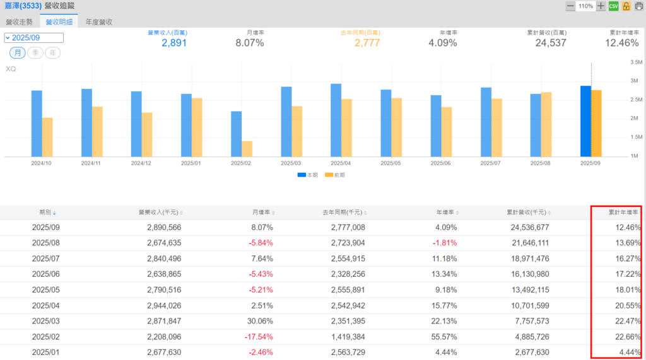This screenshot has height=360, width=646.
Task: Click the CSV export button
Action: tap(613, 6)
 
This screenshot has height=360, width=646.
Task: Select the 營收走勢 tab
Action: tap(20, 21)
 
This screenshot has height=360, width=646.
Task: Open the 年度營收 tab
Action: tap(99, 21)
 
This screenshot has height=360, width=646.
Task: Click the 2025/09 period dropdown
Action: tap(33, 38)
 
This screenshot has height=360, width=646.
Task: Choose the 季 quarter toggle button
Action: tap(35, 53)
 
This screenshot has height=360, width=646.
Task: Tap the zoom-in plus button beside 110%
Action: tap(601, 6)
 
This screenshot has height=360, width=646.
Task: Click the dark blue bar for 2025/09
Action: tap(585, 121)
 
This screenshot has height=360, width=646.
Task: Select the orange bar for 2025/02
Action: tap(247, 149)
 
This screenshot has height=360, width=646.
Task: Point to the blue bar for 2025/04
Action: tap(336, 120)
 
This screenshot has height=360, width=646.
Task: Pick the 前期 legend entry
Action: tap(334, 175)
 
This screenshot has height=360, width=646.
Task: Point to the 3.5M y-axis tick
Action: tap(636, 62)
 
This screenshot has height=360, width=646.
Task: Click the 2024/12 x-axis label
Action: tap(141, 163)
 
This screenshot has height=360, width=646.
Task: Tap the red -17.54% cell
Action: tap(259, 336)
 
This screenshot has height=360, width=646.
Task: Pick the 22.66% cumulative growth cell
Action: tap(628, 336)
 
